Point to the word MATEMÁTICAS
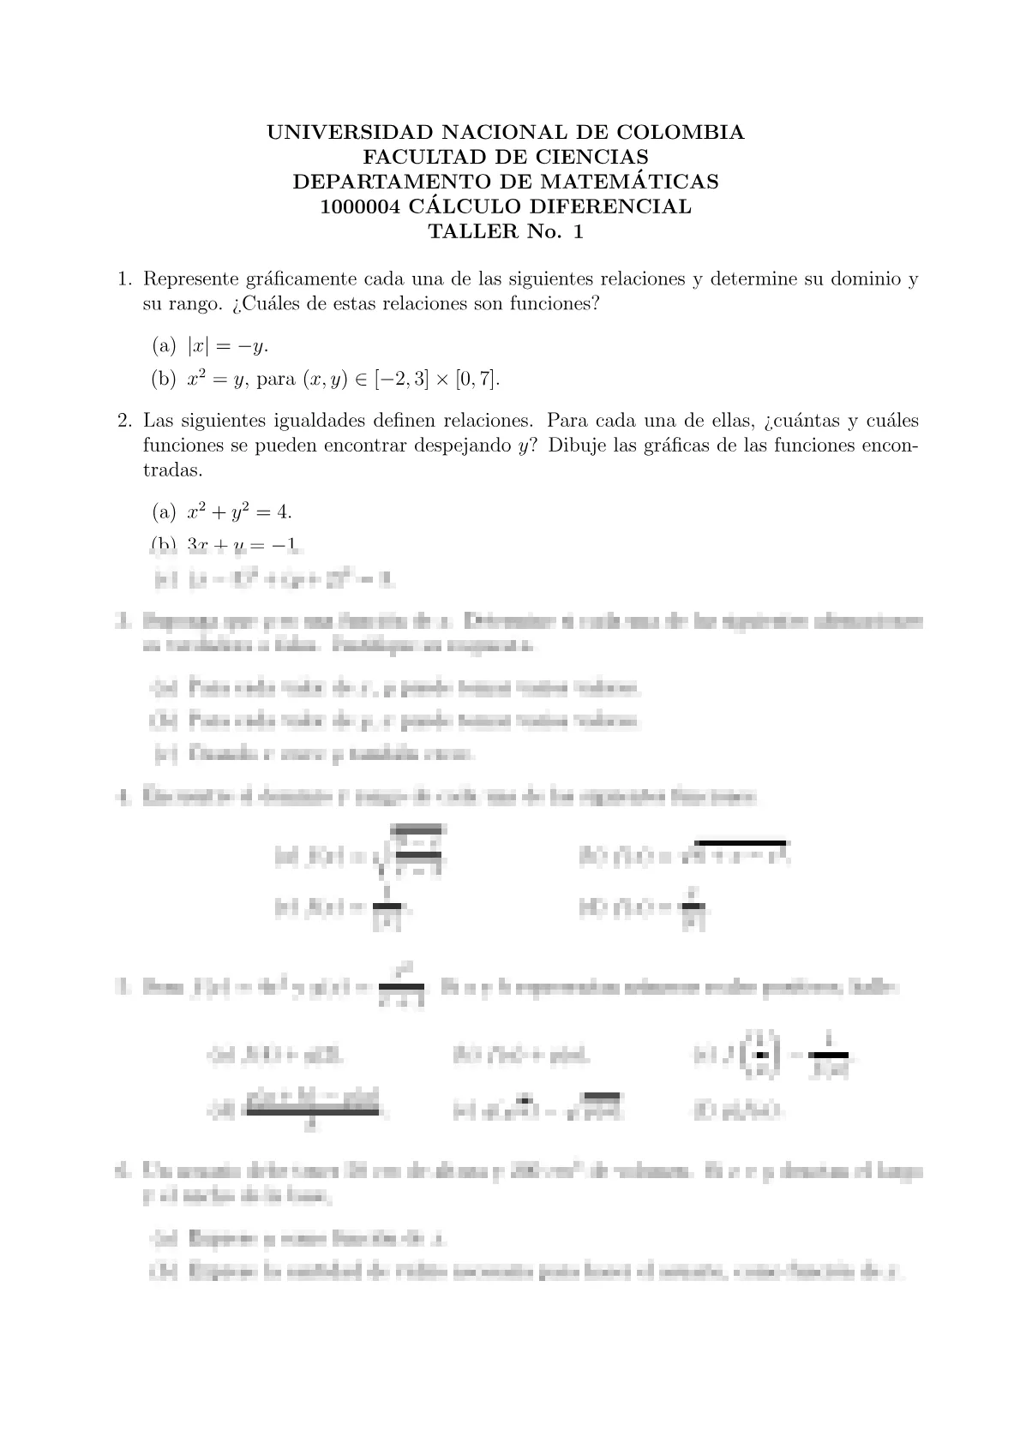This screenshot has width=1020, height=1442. pos(633,182)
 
